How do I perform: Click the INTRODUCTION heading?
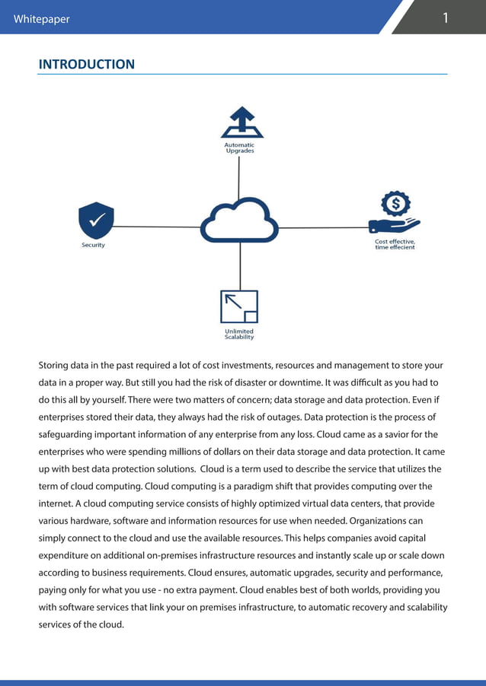[x=86, y=65]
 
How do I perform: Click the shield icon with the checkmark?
[x=96, y=221]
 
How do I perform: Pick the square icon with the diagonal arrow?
[x=239, y=306]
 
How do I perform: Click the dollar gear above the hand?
[x=395, y=204]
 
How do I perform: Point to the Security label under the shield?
[x=93, y=245]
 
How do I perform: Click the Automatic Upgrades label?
[x=239, y=148]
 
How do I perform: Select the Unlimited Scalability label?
[x=239, y=334]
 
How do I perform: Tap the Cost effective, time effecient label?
[x=395, y=244]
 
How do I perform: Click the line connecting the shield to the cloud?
[x=156, y=227]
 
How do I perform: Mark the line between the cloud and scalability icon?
[x=240, y=266]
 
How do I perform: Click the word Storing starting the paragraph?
[x=56, y=365]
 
